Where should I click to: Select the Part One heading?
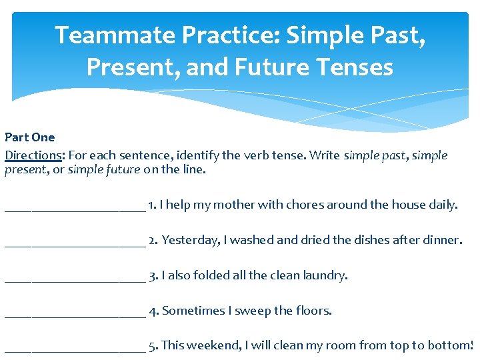(x=30, y=137)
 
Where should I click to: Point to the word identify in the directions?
(x=198, y=155)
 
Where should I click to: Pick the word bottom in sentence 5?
(x=449, y=345)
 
